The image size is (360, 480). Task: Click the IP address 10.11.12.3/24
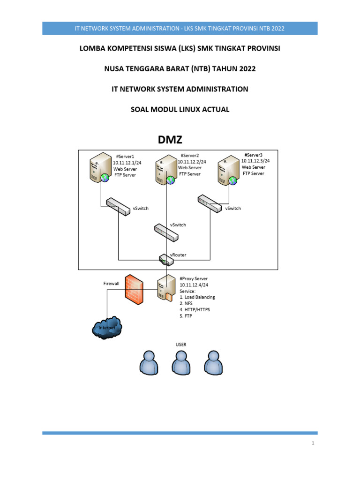[255, 160]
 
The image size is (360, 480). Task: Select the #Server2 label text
[189, 155]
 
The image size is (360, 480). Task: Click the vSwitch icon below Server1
[118, 207]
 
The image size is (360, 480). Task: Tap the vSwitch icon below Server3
[209, 203]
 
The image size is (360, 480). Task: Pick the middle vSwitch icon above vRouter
[165, 232]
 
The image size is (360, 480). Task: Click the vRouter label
[178, 255]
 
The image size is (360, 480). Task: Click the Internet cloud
[107, 328]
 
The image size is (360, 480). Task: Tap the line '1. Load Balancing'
[197, 297]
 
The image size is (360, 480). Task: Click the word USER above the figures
[180, 344]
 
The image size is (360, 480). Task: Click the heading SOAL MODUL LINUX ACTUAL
[180, 109]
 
